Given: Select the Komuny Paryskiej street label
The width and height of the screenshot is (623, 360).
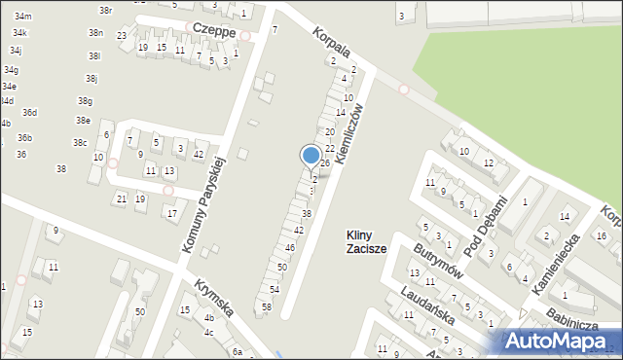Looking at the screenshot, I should [x=204, y=204].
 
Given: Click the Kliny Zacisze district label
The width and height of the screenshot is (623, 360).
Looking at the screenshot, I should [x=367, y=241].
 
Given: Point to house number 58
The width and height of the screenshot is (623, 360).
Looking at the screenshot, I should [x=267, y=306].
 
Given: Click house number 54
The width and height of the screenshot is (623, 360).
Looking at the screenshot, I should [x=275, y=289].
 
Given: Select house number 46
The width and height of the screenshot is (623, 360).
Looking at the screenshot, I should [x=290, y=247].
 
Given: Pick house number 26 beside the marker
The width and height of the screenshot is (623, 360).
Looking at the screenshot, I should [x=325, y=162].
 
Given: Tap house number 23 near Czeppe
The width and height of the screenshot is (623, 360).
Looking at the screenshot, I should [x=122, y=36].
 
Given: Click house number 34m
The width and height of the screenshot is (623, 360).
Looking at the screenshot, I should [x=22, y=17].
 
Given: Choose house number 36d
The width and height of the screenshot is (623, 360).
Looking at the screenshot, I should [x=30, y=113].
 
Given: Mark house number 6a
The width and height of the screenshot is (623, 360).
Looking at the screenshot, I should [x=237, y=351].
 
